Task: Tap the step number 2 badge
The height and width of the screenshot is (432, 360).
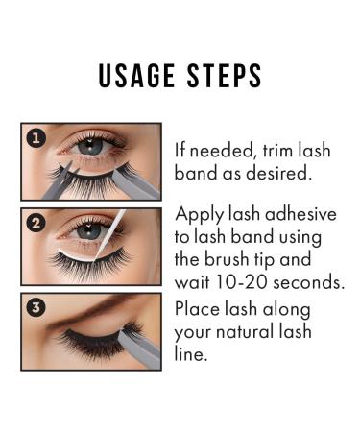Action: point(35,223)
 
